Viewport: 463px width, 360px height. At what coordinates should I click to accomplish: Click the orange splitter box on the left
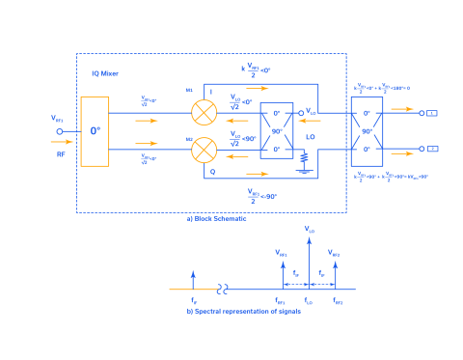95,130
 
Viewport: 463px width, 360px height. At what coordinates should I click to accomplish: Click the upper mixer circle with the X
204,112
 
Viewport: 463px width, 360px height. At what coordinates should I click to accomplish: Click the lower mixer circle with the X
204,150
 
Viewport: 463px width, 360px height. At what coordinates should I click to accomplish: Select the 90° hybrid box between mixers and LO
277,130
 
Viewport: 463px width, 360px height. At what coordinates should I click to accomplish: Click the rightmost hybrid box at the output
368,130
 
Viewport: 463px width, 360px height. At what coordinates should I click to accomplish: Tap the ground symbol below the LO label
305,156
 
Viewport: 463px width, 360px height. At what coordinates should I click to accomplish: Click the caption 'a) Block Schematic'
216,220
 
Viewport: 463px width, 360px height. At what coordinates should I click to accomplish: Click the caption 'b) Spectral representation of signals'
231,311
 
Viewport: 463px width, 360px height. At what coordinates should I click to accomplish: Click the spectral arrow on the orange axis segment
194,280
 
